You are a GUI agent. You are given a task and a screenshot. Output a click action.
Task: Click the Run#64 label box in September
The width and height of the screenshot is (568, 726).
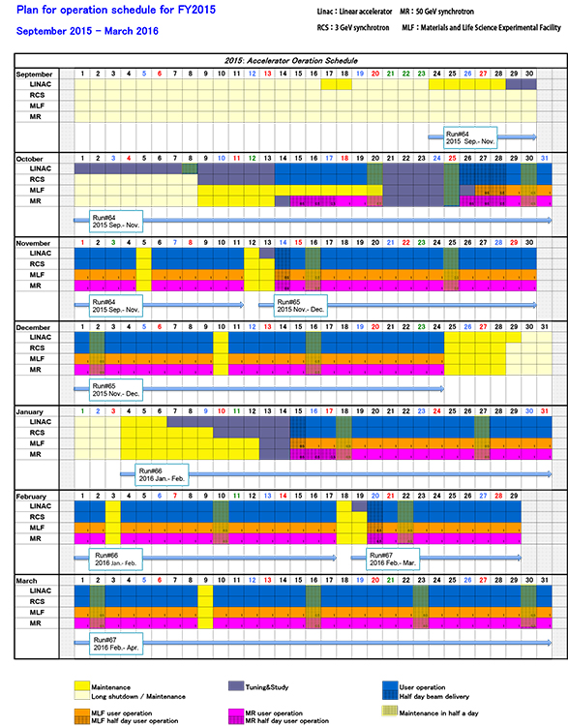click(468, 136)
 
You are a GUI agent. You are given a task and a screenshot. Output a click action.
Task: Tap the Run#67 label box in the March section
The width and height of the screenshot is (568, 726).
click(113, 643)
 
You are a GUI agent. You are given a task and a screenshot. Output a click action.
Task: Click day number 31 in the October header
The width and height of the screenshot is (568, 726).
click(544, 158)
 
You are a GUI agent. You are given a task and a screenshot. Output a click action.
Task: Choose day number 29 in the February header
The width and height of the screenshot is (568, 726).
click(514, 496)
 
